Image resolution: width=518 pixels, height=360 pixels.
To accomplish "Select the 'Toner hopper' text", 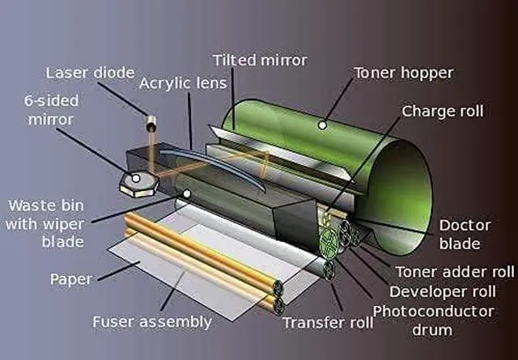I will point(404,73).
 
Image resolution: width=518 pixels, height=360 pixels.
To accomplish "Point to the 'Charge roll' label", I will point(443,110).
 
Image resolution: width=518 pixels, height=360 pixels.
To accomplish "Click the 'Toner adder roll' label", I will point(454,272).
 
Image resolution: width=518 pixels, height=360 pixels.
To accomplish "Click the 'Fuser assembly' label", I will point(153,321).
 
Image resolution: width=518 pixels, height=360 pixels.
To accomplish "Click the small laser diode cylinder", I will point(151,125).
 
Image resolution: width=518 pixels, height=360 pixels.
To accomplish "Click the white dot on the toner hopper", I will point(322,125).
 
